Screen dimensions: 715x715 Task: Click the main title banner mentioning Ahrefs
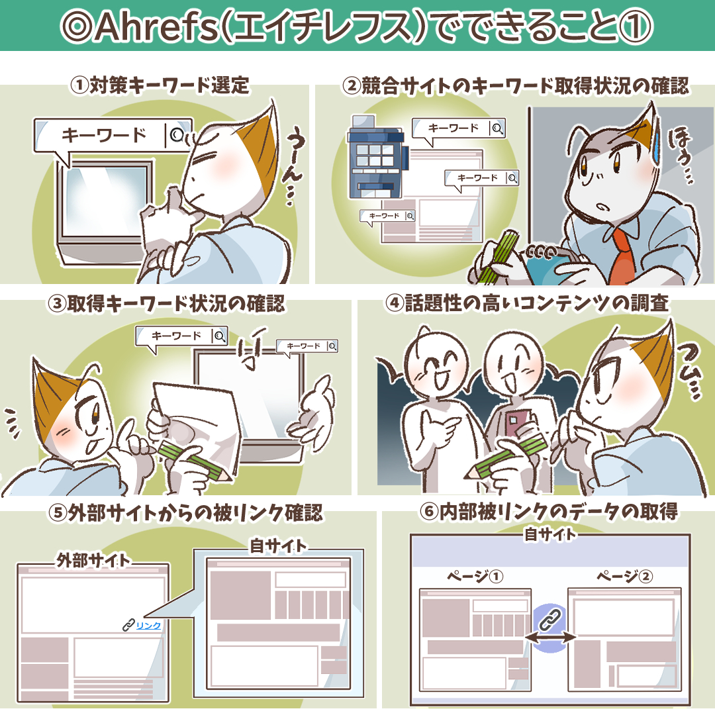[x=358, y=25]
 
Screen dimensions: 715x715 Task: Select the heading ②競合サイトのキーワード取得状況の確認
[x=516, y=85]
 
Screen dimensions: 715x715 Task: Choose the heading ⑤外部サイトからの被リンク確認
[x=185, y=514]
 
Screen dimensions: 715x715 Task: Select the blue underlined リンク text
[x=148, y=624]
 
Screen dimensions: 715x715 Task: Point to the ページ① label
[x=475, y=577]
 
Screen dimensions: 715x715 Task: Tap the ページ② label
[x=624, y=577]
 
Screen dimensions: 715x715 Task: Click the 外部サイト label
[x=93, y=560]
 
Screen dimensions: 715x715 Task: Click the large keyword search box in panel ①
[x=113, y=136]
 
